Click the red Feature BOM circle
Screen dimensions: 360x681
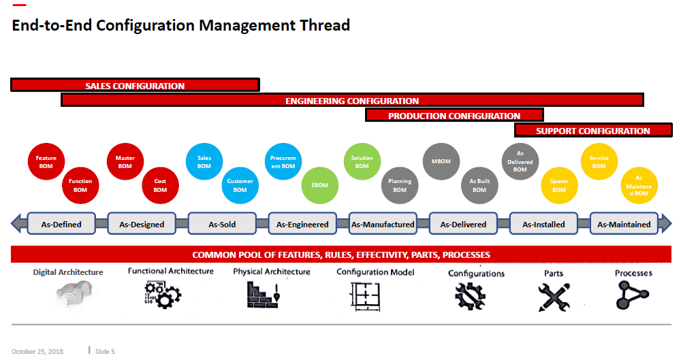tap(46, 162)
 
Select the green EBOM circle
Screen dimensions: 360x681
tap(320, 185)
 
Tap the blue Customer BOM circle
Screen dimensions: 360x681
tap(240, 185)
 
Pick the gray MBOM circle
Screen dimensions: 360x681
tap(441, 162)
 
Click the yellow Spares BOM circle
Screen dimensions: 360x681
tap(559, 185)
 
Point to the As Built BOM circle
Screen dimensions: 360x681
tap(479, 185)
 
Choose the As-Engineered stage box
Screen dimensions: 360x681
tap(302, 224)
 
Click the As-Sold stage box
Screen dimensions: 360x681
tap(222, 224)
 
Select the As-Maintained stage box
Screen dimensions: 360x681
tap(624, 224)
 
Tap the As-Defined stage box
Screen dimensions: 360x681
tap(62, 224)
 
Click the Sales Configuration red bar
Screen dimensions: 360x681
tap(135, 86)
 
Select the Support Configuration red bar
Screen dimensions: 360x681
tap(593, 131)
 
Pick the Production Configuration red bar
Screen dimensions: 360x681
tap(454, 116)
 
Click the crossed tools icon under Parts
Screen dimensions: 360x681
tap(554, 297)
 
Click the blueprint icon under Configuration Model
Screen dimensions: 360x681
tap(364, 297)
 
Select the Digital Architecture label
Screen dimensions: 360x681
tap(68, 272)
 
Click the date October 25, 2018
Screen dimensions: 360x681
tap(37, 351)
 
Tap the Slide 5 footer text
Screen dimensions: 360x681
tap(105, 351)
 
